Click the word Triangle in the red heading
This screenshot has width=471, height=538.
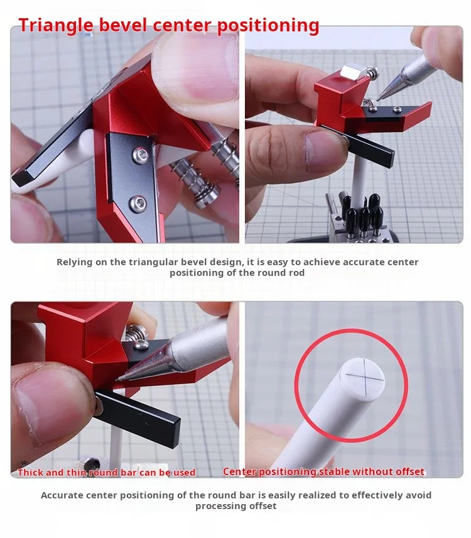coord(56,25)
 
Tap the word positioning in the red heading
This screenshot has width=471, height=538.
coord(268,25)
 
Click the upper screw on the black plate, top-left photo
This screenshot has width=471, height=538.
coord(140,154)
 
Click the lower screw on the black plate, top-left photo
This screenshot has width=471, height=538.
coord(138,202)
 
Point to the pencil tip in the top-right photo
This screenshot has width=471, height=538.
coord(378,99)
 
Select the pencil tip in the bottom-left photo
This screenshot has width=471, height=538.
coord(117,379)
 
